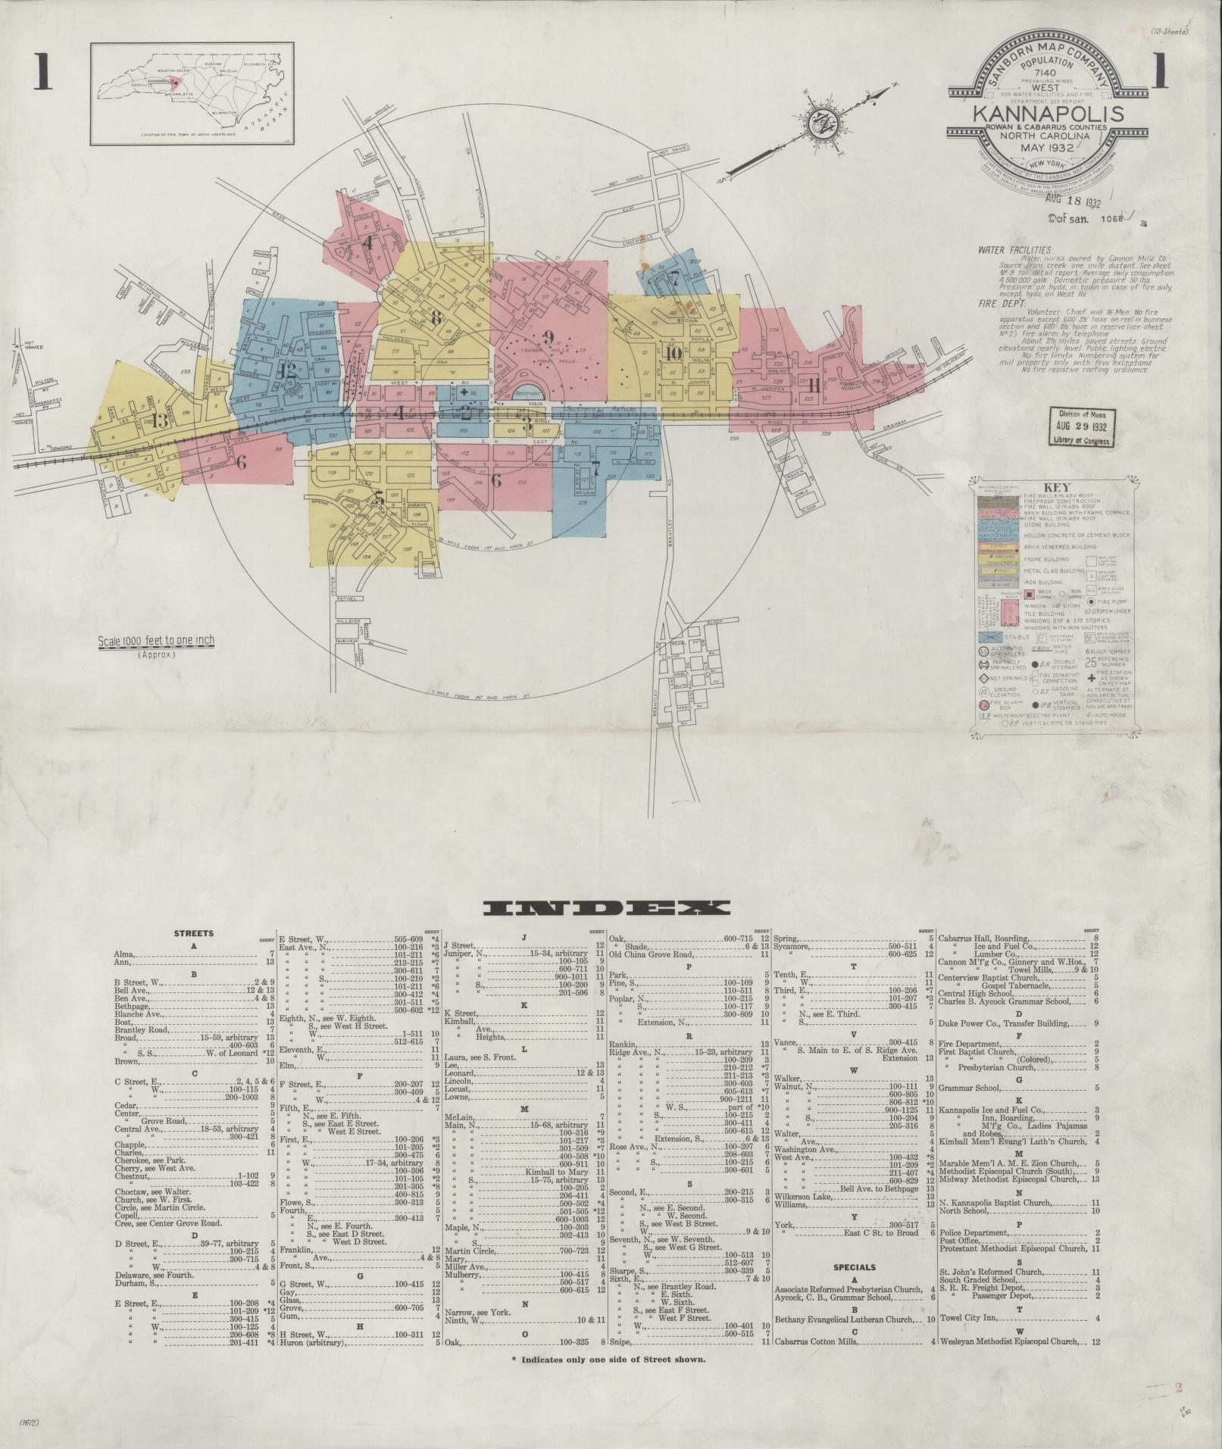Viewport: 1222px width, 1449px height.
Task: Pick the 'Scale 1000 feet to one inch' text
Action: point(156,641)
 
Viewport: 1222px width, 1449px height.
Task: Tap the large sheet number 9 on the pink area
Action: point(548,337)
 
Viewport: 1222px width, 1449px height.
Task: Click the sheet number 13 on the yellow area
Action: point(161,421)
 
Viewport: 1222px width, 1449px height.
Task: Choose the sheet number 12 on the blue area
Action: point(286,370)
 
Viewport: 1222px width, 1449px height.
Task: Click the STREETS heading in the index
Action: point(193,933)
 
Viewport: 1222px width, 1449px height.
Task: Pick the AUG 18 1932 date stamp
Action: point(1072,202)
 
